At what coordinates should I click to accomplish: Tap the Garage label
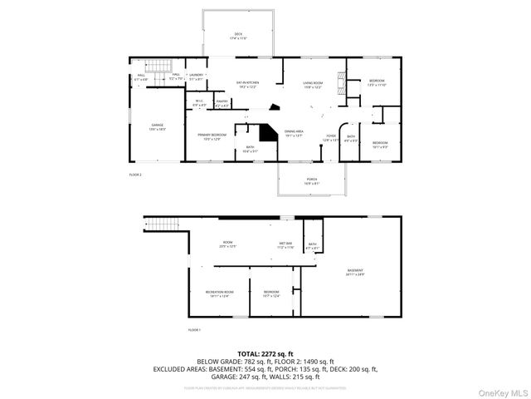[x=158, y=127]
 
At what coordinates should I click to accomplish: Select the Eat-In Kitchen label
[x=249, y=84]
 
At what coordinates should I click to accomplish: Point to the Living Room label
[x=312, y=84]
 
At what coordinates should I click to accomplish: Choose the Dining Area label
[x=294, y=133]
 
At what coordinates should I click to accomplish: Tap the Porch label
[x=312, y=181]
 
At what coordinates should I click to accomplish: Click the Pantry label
[x=222, y=104]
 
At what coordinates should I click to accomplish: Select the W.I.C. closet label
[x=199, y=104]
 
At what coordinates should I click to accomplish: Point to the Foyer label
[x=330, y=138]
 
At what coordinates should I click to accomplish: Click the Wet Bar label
[x=285, y=246]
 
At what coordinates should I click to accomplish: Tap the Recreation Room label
[x=220, y=293]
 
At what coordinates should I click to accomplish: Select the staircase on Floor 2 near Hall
[x=157, y=66]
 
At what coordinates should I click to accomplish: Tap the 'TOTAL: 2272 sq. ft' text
[x=265, y=354]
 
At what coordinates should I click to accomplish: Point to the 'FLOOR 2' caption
[x=135, y=175]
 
